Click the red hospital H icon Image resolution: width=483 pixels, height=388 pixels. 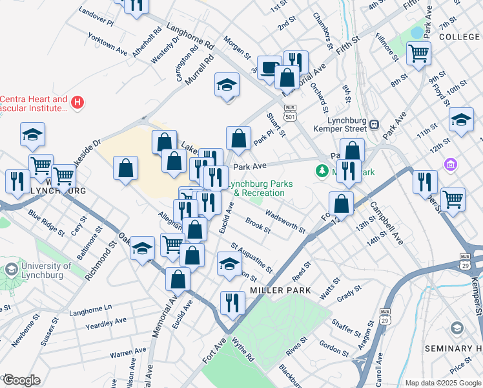(x=77, y=102)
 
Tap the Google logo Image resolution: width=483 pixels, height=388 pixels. (x=21, y=380)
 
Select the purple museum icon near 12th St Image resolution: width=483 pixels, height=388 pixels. (x=449, y=166)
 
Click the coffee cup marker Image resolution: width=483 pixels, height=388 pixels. (x=269, y=68)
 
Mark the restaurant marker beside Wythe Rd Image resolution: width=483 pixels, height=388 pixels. (x=232, y=303)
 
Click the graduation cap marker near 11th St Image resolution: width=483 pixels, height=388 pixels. (x=461, y=120)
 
